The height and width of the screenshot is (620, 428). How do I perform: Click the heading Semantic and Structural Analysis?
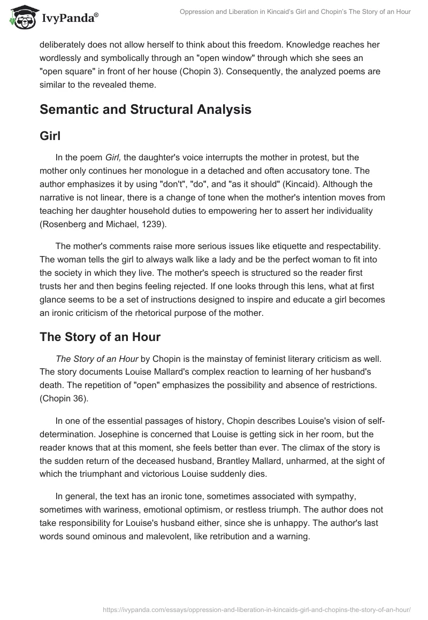point(146,110)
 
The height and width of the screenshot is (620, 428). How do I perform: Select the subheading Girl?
point(50,136)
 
